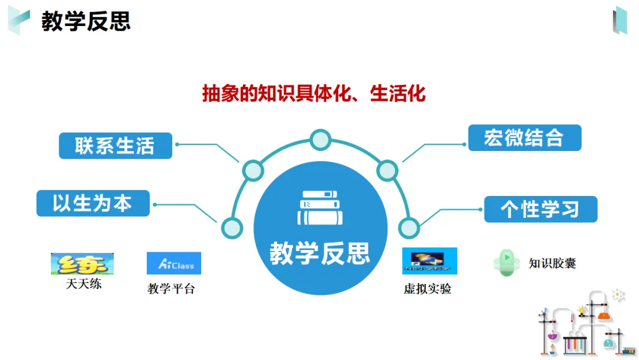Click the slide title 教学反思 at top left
click(x=86, y=21)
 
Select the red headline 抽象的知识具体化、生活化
click(x=314, y=94)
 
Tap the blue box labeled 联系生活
click(x=115, y=146)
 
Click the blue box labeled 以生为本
click(x=93, y=204)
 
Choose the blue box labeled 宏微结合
click(x=524, y=138)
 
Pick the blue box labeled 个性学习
click(x=540, y=209)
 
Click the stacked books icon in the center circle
click(x=320, y=208)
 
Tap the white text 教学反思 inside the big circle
click(x=320, y=253)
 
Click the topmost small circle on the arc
click(x=320, y=140)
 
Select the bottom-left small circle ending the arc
click(x=231, y=227)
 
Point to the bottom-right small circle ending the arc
click(x=409, y=227)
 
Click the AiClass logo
click(x=173, y=263)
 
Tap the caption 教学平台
click(x=171, y=289)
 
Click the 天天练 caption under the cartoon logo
click(x=83, y=284)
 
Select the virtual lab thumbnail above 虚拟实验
click(x=430, y=261)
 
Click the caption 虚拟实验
click(x=428, y=289)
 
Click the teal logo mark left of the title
click(x=18, y=21)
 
